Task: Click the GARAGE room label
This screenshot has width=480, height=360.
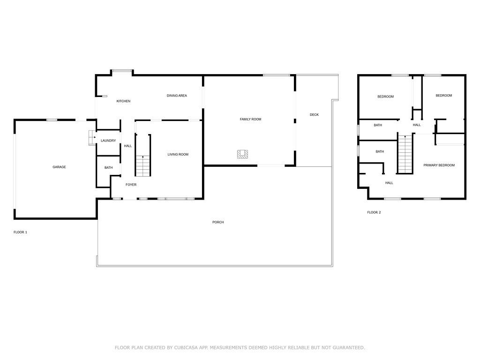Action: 59,167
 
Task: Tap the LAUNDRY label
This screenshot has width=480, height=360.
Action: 108,141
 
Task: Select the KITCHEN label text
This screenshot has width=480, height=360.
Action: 123,101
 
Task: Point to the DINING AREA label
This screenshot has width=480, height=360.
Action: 177,96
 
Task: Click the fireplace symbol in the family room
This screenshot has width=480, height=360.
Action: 242,154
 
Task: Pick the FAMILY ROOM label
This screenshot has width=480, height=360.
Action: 250,119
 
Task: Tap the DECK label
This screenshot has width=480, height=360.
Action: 314,114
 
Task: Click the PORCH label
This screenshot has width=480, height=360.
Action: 218,222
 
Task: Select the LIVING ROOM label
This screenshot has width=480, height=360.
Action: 178,154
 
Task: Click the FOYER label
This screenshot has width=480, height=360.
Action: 131,185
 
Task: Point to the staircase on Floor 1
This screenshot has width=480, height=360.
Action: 143,162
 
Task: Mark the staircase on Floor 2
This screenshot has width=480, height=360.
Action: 405,155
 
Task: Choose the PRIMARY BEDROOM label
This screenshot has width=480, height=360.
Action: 439,165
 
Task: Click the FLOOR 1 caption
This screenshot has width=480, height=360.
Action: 20,232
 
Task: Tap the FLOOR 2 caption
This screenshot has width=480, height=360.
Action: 374,212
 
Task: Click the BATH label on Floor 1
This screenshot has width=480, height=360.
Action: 108,168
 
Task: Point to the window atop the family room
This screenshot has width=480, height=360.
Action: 276,75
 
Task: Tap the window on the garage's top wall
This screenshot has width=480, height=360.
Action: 52,120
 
